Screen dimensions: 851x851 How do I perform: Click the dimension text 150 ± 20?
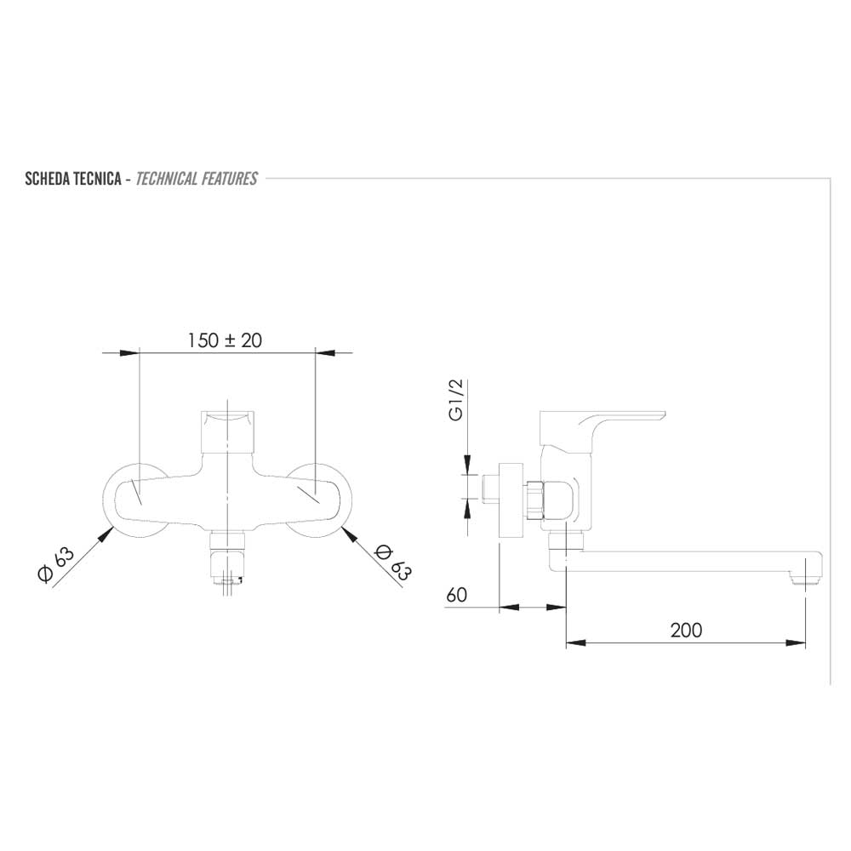(x=225, y=340)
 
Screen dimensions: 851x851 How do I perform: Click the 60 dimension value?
(x=456, y=596)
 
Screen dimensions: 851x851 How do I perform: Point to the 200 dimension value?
(x=686, y=630)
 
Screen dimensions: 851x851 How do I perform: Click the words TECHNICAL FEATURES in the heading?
(x=197, y=179)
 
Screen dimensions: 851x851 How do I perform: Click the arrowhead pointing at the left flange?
(x=108, y=534)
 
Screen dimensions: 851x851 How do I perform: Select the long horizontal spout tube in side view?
(x=681, y=562)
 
